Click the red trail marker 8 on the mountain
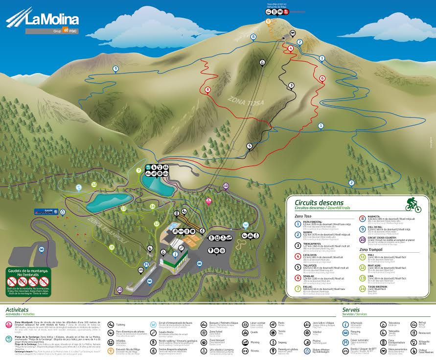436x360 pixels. (208, 90)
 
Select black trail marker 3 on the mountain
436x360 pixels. (291, 85)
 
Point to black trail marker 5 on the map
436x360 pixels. (249, 146)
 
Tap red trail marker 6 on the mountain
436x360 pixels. (322, 78)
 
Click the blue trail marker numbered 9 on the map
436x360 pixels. (115, 69)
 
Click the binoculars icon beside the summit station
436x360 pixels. (293, 33)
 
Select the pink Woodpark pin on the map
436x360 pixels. (208, 201)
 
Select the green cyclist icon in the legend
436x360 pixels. (413, 204)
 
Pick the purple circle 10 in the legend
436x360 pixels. (363, 240)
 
